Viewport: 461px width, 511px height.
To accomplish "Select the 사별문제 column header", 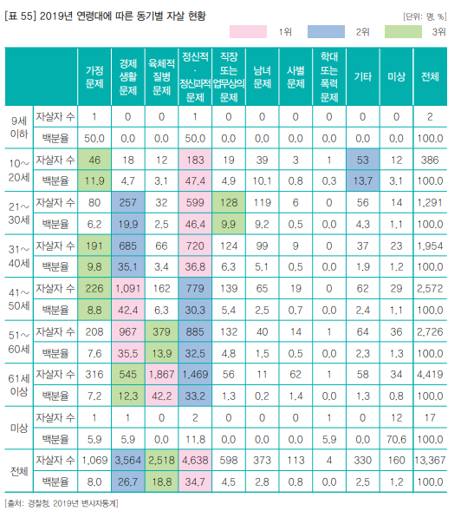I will pos(295,76).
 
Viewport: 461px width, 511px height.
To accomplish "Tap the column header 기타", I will pos(364,76).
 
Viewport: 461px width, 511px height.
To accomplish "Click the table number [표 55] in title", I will pos(23,15).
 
